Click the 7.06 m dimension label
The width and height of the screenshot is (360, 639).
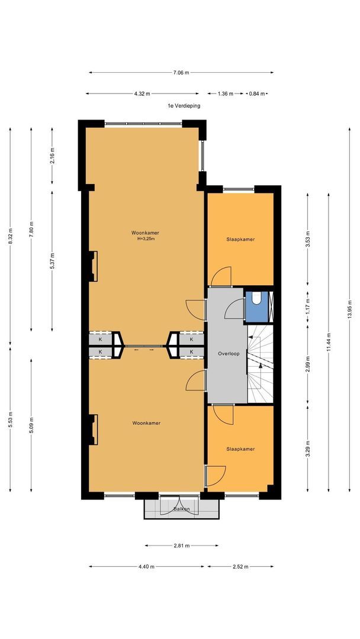[x=181, y=73]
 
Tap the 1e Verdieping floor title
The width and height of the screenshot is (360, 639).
[x=184, y=105]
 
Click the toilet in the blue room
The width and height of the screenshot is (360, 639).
[x=256, y=298]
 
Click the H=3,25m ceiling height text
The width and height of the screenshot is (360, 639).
[x=146, y=239]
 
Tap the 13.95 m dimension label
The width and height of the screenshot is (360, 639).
[x=349, y=311]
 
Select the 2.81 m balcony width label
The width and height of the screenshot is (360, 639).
[x=181, y=546]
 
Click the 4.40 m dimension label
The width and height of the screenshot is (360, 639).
[x=146, y=566]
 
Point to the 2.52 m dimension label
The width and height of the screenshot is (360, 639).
[x=240, y=566]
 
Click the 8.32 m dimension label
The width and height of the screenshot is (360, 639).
[x=10, y=236]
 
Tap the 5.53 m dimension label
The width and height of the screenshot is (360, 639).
[x=10, y=419]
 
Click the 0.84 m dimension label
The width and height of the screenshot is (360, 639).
[x=257, y=93]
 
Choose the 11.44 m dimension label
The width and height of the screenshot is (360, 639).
[x=329, y=343]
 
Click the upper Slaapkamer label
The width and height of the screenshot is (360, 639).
[x=240, y=239]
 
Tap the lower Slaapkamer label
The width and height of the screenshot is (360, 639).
[x=240, y=448]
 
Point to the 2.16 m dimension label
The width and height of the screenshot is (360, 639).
[x=52, y=155]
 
